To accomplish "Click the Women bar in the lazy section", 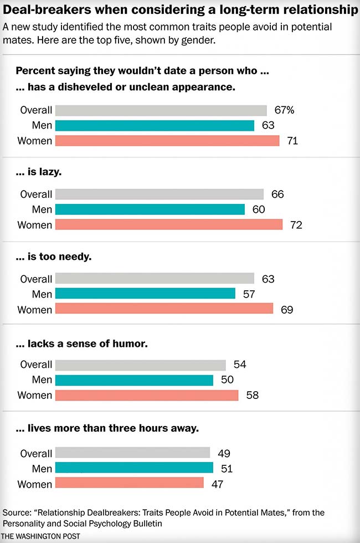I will click(169, 225).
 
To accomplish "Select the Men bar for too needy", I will click(145, 294).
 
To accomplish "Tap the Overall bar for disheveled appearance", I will click(161, 110).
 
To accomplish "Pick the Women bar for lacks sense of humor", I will click(147, 395).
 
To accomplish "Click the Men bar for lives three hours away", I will click(134, 469).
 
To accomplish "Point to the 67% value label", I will click(283, 110).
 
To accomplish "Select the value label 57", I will click(249, 294).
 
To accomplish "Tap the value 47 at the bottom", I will click(217, 484).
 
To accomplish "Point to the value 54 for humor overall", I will click(239, 365).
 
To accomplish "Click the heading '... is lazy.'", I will click(39, 172).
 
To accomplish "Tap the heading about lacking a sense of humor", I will click(81, 344).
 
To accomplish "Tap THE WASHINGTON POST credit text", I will click(41, 536).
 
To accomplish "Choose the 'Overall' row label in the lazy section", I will click(36, 194).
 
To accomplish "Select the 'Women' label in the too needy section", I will click(34, 310).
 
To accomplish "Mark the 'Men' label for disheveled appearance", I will click(42, 126).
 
